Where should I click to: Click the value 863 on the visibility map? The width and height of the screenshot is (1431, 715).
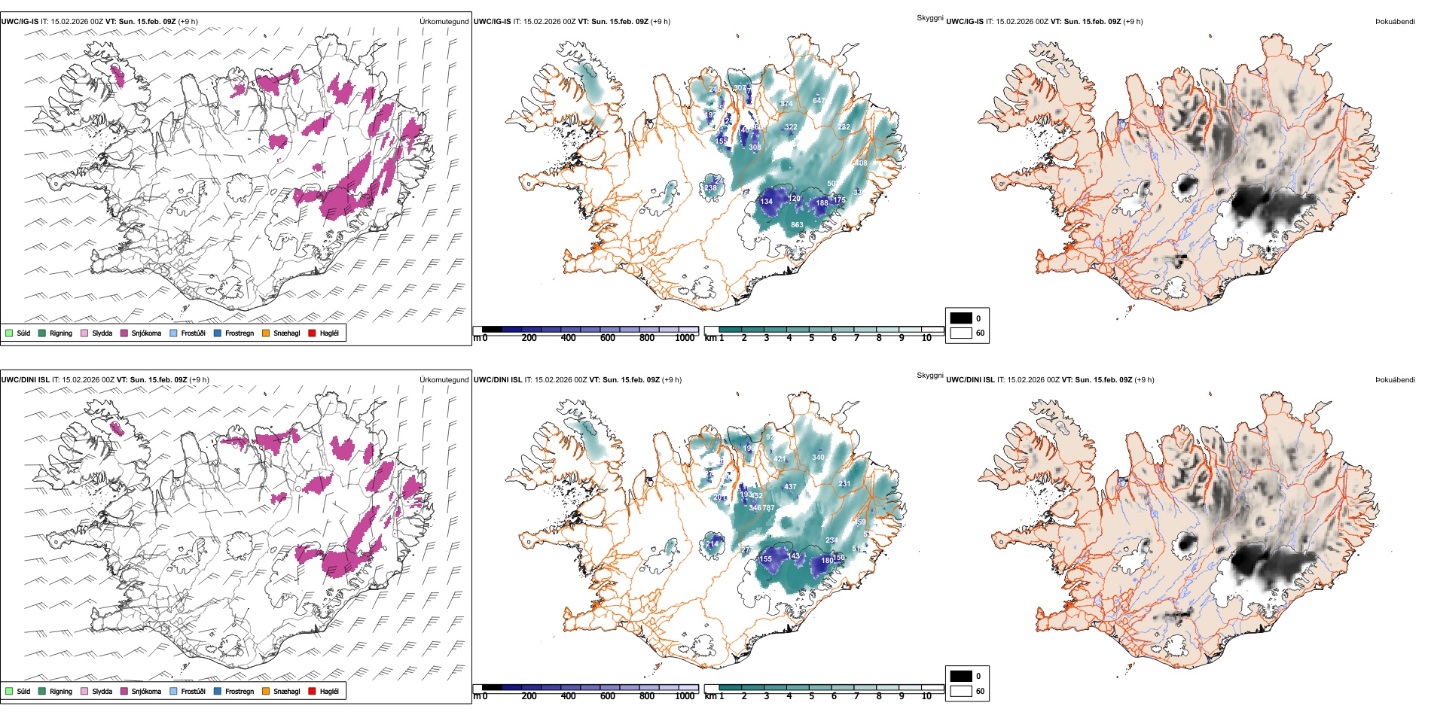click(x=797, y=224)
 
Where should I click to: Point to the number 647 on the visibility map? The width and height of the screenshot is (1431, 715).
click(x=819, y=100)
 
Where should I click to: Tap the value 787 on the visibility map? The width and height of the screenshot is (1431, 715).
click(x=768, y=508)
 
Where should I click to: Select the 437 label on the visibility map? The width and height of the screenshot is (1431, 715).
click(x=790, y=486)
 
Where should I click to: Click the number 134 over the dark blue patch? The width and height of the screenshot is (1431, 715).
click(x=766, y=201)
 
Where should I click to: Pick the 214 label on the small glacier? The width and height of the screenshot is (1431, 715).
click(x=712, y=543)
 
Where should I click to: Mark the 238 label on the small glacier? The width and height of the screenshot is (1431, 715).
click(x=711, y=187)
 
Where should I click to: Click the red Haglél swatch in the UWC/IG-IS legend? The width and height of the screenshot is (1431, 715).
click(x=313, y=333)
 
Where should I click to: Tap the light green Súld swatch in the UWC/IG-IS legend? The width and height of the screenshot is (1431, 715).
click(x=9, y=333)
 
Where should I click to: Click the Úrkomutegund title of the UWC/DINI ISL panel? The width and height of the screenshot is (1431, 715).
click(x=444, y=379)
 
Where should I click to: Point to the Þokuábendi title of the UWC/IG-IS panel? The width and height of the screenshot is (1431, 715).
click(x=1395, y=22)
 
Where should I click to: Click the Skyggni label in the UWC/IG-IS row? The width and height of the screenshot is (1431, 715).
click(x=929, y=18)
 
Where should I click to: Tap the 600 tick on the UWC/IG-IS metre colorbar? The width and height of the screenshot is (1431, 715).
click(x=607, y=338)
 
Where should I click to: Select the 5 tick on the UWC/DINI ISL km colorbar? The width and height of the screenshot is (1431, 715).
click(x=811, y=696)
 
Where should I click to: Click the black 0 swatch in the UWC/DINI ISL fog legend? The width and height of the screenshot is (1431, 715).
click(x=961, y=676)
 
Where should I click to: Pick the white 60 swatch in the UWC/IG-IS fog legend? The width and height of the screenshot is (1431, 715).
click(x=961, y=333)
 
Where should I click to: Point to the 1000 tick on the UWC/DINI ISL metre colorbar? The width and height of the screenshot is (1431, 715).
click(x=685, y=696)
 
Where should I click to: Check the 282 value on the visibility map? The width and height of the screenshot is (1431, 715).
click(x=844, y=126)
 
